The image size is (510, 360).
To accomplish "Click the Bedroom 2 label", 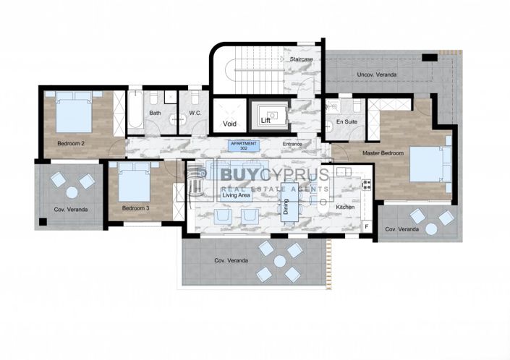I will [x=72, y=143].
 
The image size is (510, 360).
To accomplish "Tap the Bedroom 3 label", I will [x=135, y=208].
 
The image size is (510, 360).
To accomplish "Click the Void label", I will [x=230, y=124].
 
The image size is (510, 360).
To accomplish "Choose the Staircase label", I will [x=299, y=59].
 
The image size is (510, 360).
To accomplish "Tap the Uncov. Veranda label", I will [x=375, y=74].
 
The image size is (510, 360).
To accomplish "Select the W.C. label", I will [x=194, y=113].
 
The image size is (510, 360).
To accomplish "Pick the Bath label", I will [x=156, y=113].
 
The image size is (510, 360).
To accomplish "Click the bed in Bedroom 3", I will [x=133, y=182].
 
